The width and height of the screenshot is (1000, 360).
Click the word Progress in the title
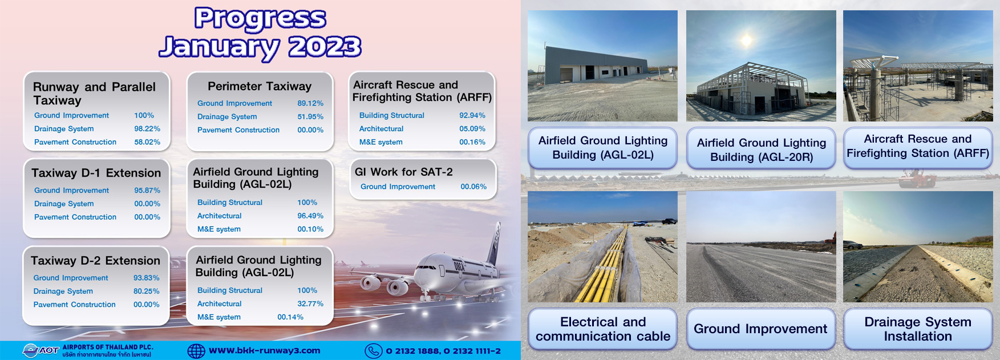point(260,19)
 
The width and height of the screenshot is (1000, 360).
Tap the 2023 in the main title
point(325,47)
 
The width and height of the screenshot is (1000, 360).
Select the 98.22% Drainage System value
point(147,129)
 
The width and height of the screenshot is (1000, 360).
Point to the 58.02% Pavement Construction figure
point(147,142)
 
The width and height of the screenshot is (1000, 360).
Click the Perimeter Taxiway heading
point(260,86)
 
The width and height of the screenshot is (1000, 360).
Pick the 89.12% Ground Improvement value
point(310,103)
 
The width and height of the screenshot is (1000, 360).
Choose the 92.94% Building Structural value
point(472,115)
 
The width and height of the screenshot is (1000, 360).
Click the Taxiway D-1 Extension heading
point(96,173)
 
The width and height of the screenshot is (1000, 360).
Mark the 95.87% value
point(147,191)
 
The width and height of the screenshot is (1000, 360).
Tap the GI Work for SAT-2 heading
point(404,172)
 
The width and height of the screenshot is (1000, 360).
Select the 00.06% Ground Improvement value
point(473,187)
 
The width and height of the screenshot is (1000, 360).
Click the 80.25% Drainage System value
point(147,291)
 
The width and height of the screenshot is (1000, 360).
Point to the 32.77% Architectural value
point(310,304)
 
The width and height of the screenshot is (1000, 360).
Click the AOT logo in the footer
point(41,350)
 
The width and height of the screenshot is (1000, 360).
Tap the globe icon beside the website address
point(196,351)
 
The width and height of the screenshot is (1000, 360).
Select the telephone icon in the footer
point(374,351)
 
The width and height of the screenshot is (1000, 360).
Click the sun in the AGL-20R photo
point(746,40)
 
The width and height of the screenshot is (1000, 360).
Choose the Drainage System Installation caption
point(918,329)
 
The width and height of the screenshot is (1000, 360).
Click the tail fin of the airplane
point(493,243)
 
